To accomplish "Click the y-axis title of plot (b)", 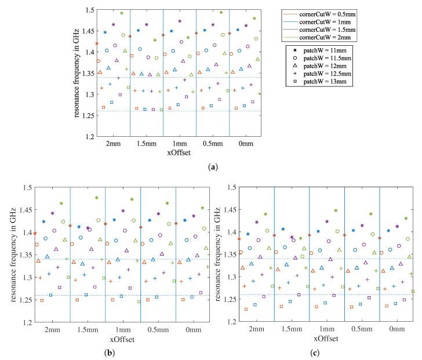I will [x=8, y=255].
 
